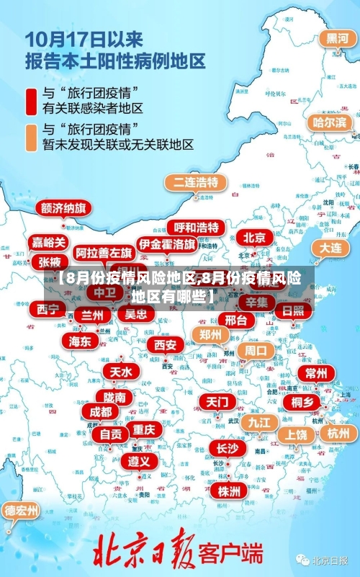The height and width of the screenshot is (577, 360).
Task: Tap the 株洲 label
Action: click(x=229, y=470)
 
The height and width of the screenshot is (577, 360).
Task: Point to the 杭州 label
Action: click(x=338, y=433)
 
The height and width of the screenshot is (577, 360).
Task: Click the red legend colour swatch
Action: click(x=32, y=100)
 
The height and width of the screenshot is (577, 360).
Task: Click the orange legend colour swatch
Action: click(x=32, y=136)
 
